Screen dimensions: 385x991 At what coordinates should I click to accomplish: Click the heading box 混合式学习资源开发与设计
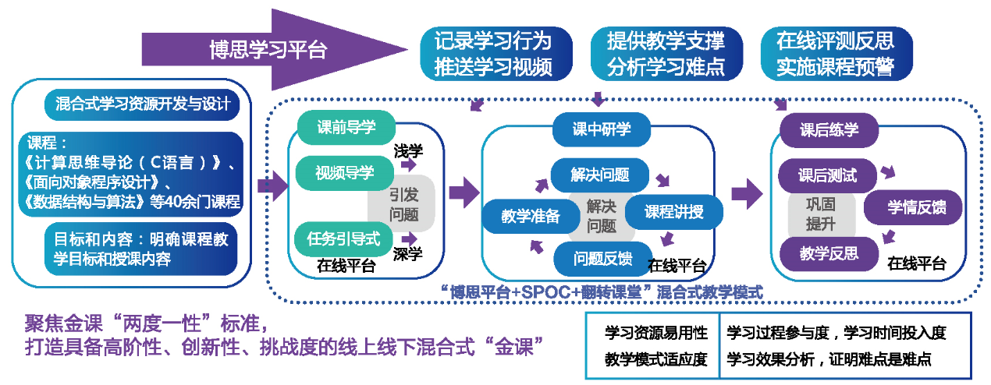(x=143, y=104)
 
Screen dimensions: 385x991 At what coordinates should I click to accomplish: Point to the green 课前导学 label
(x=346, y=127)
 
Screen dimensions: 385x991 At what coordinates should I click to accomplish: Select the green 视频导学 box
(x=344, y=172)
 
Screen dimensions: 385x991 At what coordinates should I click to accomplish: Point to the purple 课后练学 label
(x=829, y=129)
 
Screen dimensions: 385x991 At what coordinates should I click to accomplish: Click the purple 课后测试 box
(x=827, y=175)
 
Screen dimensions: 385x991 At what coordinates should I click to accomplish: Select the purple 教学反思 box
(x=829, y=253)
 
